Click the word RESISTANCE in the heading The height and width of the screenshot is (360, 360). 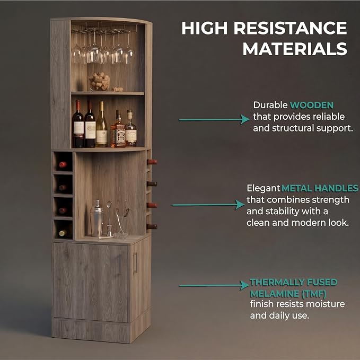(290, 28)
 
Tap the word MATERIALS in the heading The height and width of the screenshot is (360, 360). (295, 49)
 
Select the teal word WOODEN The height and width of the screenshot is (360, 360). (312, 105)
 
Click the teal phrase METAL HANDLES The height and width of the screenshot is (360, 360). (320, 188)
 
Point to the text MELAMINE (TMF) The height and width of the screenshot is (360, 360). (288, 294)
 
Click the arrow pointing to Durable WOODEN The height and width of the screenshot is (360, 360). (214, 120)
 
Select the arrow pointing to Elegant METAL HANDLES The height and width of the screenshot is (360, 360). (208, 205)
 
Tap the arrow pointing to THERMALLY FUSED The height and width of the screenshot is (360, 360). (214, 285)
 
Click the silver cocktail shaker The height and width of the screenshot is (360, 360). (96, 218)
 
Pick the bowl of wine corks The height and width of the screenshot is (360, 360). (100, 82)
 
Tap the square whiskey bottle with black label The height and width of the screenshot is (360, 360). (118, 130)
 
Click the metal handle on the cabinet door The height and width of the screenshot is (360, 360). (135, 263)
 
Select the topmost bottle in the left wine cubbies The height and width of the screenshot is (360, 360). (63, 164)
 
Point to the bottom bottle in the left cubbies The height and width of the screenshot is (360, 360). (63, 233)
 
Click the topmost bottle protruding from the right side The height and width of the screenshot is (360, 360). (152, 162)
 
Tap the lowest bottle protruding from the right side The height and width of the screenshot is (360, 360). (152, 226)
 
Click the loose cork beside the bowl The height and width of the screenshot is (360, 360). (117, 89)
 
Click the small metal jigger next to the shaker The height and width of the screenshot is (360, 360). (110, 231)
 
